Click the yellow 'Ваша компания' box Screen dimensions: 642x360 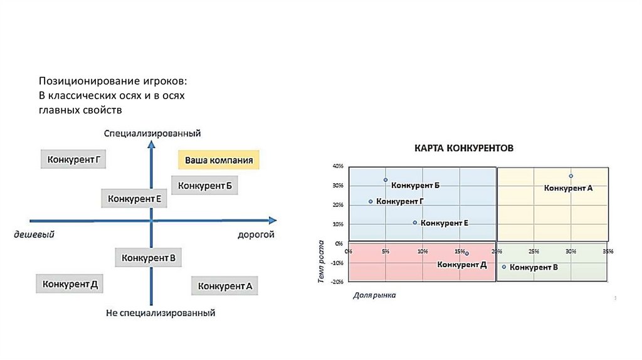[x=218, y=160]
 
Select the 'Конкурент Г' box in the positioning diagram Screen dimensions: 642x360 [x=73, y=159]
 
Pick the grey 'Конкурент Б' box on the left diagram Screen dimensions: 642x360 [x=205, y=186]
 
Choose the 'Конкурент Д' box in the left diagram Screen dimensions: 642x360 [x=70, y=283]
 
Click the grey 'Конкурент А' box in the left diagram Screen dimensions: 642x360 [x=224, y=286]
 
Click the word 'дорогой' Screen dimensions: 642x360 [x=256, y=235]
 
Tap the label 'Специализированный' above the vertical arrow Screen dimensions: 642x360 [x=152, y=133]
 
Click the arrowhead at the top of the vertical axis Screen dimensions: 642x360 [x=151, y=145]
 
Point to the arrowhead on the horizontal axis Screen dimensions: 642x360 [x=272, y=220]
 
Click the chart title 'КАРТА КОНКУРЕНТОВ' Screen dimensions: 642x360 [x=463, y=149]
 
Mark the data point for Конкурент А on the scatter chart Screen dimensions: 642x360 [x=571, y=176]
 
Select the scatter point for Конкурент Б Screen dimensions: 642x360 [x=386, y=180]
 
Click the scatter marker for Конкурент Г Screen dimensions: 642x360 [x=371, y=201]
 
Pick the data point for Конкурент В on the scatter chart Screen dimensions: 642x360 [x=504, y=267]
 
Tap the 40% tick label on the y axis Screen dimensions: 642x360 [x=338, y=166]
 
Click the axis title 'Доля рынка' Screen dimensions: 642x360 [x=374, y=294]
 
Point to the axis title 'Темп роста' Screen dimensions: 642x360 [x=321, y=262]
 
